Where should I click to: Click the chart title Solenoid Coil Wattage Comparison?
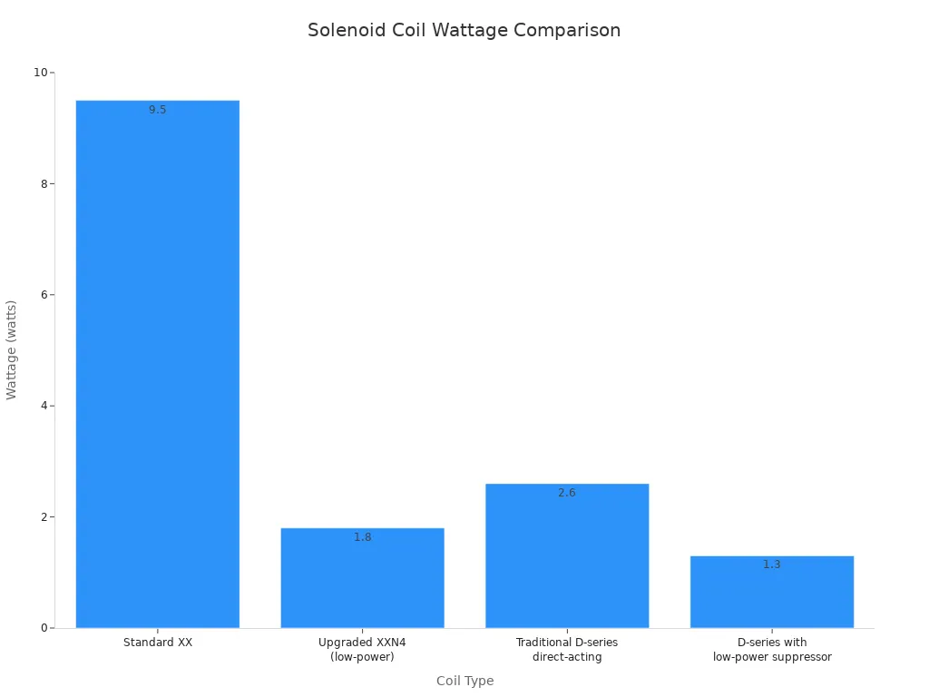tap(464, 30)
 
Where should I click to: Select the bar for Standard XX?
tap(158, 363)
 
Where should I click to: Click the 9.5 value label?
tap(158, 110)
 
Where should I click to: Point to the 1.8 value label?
tap(363, 537)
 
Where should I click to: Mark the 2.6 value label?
tap(567, 493)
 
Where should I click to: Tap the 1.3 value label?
tap(772, 564)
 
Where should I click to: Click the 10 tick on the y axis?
tap(40, 73)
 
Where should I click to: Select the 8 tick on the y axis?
tap(44, 183)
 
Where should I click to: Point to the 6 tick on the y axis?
tap(44, 295)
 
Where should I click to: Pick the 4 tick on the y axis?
tap(44, 406)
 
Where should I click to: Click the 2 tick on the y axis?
tap(44, 517)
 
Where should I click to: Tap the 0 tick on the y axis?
tap(44, 628)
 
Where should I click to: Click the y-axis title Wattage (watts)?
tap(12, 349)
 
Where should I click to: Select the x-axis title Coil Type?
tap(464, 681)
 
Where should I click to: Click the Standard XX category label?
tap(158, 643)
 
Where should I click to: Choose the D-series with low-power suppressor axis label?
tap(772, 650)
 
